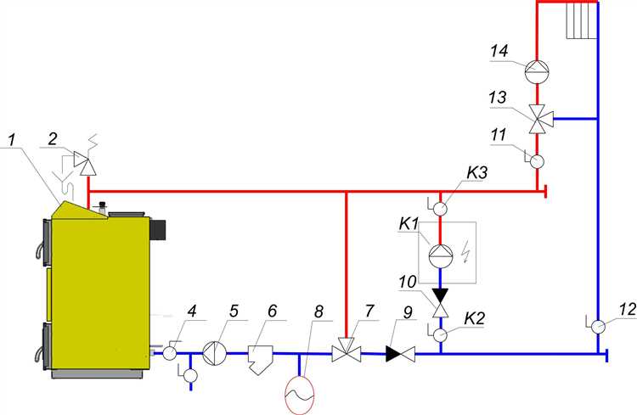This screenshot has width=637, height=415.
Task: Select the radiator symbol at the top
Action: click(578, 19)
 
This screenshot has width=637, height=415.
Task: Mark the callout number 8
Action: click(318, 311)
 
